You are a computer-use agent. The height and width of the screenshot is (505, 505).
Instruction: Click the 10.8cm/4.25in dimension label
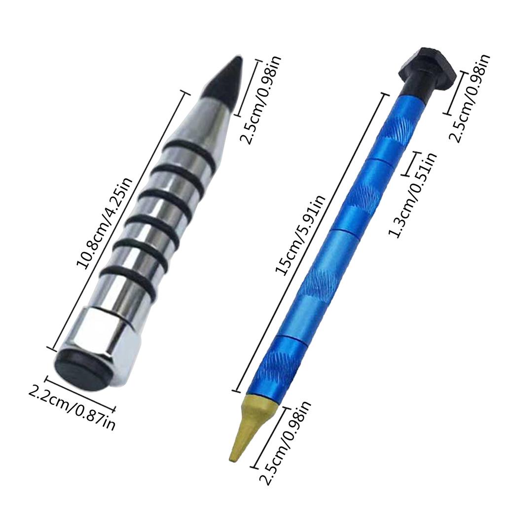(x=105, y=223)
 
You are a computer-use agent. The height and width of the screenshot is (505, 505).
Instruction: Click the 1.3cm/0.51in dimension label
(x=413, y=194)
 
